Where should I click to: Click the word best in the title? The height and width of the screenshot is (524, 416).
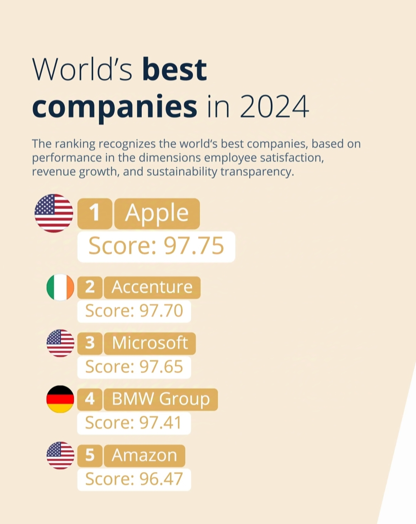coord(174,70)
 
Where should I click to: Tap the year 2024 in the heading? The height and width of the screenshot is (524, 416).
coord(274,106)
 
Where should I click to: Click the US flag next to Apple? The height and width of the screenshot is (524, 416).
coord(54,213)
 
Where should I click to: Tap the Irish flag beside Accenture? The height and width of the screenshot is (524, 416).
coord(60,287)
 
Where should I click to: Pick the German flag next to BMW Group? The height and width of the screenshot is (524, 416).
coord(60,399)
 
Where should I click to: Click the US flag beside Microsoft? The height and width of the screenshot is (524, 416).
coord(60,343)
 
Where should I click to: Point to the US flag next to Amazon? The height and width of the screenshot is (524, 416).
coord(60,455)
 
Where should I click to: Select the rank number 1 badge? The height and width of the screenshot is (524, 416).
coord(95,213)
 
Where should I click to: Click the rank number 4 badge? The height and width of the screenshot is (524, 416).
coord(90,399)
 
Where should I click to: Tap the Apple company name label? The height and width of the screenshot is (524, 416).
coord(157,213)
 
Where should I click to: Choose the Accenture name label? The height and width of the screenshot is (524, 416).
coord(152,287)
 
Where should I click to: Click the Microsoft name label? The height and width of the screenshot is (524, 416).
coord(150,343)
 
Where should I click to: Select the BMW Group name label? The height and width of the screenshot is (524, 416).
coord(161,399)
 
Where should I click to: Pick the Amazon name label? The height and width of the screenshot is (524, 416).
coord(144,456)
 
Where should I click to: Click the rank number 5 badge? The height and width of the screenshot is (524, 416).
coord(90,456)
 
